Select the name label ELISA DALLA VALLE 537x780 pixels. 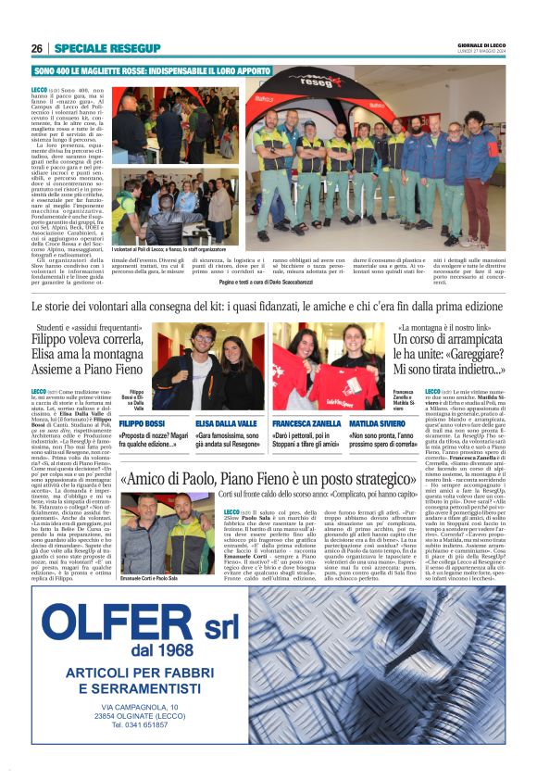pyautogui.click(x=227, y=423)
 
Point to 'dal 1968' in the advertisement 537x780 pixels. pyautogui.click(x=149, y=650)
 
